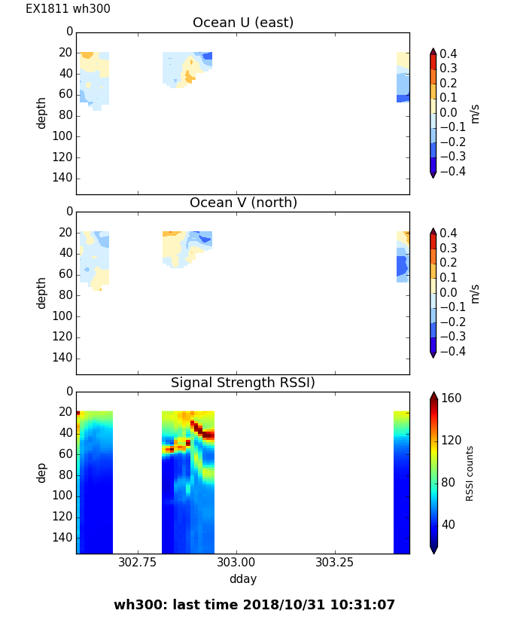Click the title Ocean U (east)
click(x=243, y=23)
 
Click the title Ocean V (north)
click(x=243, y=203)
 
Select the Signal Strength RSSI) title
click(x=243, y=383)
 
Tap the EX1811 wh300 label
click(x=68, y=9)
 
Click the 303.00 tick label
click(x=236, y=563)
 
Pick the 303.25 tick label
click(x=335, y=563)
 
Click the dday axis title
click(x=243, y=579)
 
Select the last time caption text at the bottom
click(x=254, y=605)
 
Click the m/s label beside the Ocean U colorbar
click(x=475, y=113)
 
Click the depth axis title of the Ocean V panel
click(x=42, y=292)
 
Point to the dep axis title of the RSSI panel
click(x=42, y=472)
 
